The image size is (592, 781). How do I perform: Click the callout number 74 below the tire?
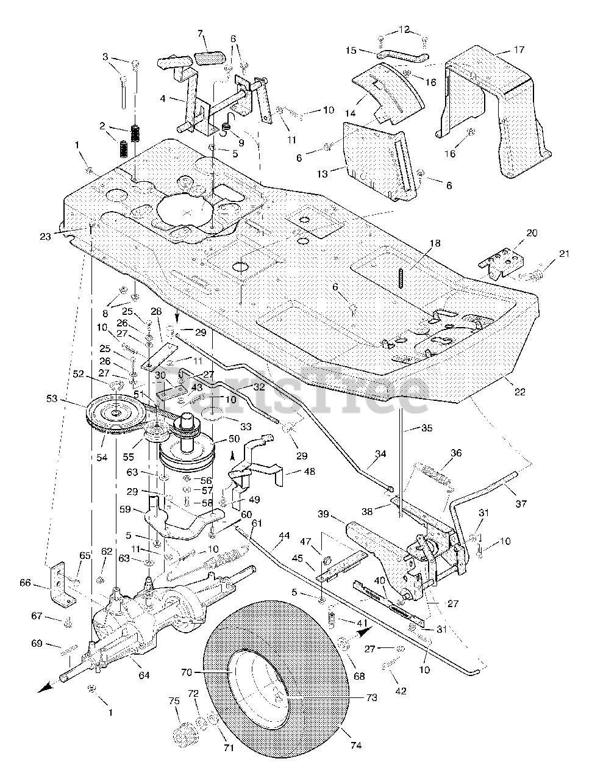(x=356, y=745)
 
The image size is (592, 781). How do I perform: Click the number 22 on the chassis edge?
(x=519, y=392)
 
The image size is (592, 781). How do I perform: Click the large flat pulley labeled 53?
(x=116, y=415)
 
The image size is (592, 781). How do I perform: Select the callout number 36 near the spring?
(x=473, y=453)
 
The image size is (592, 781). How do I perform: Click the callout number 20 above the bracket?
(x=515, y=232)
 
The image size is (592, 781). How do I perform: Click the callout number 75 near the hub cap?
(x=174, y=702)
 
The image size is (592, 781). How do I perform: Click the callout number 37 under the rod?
(x=520, y=503)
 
